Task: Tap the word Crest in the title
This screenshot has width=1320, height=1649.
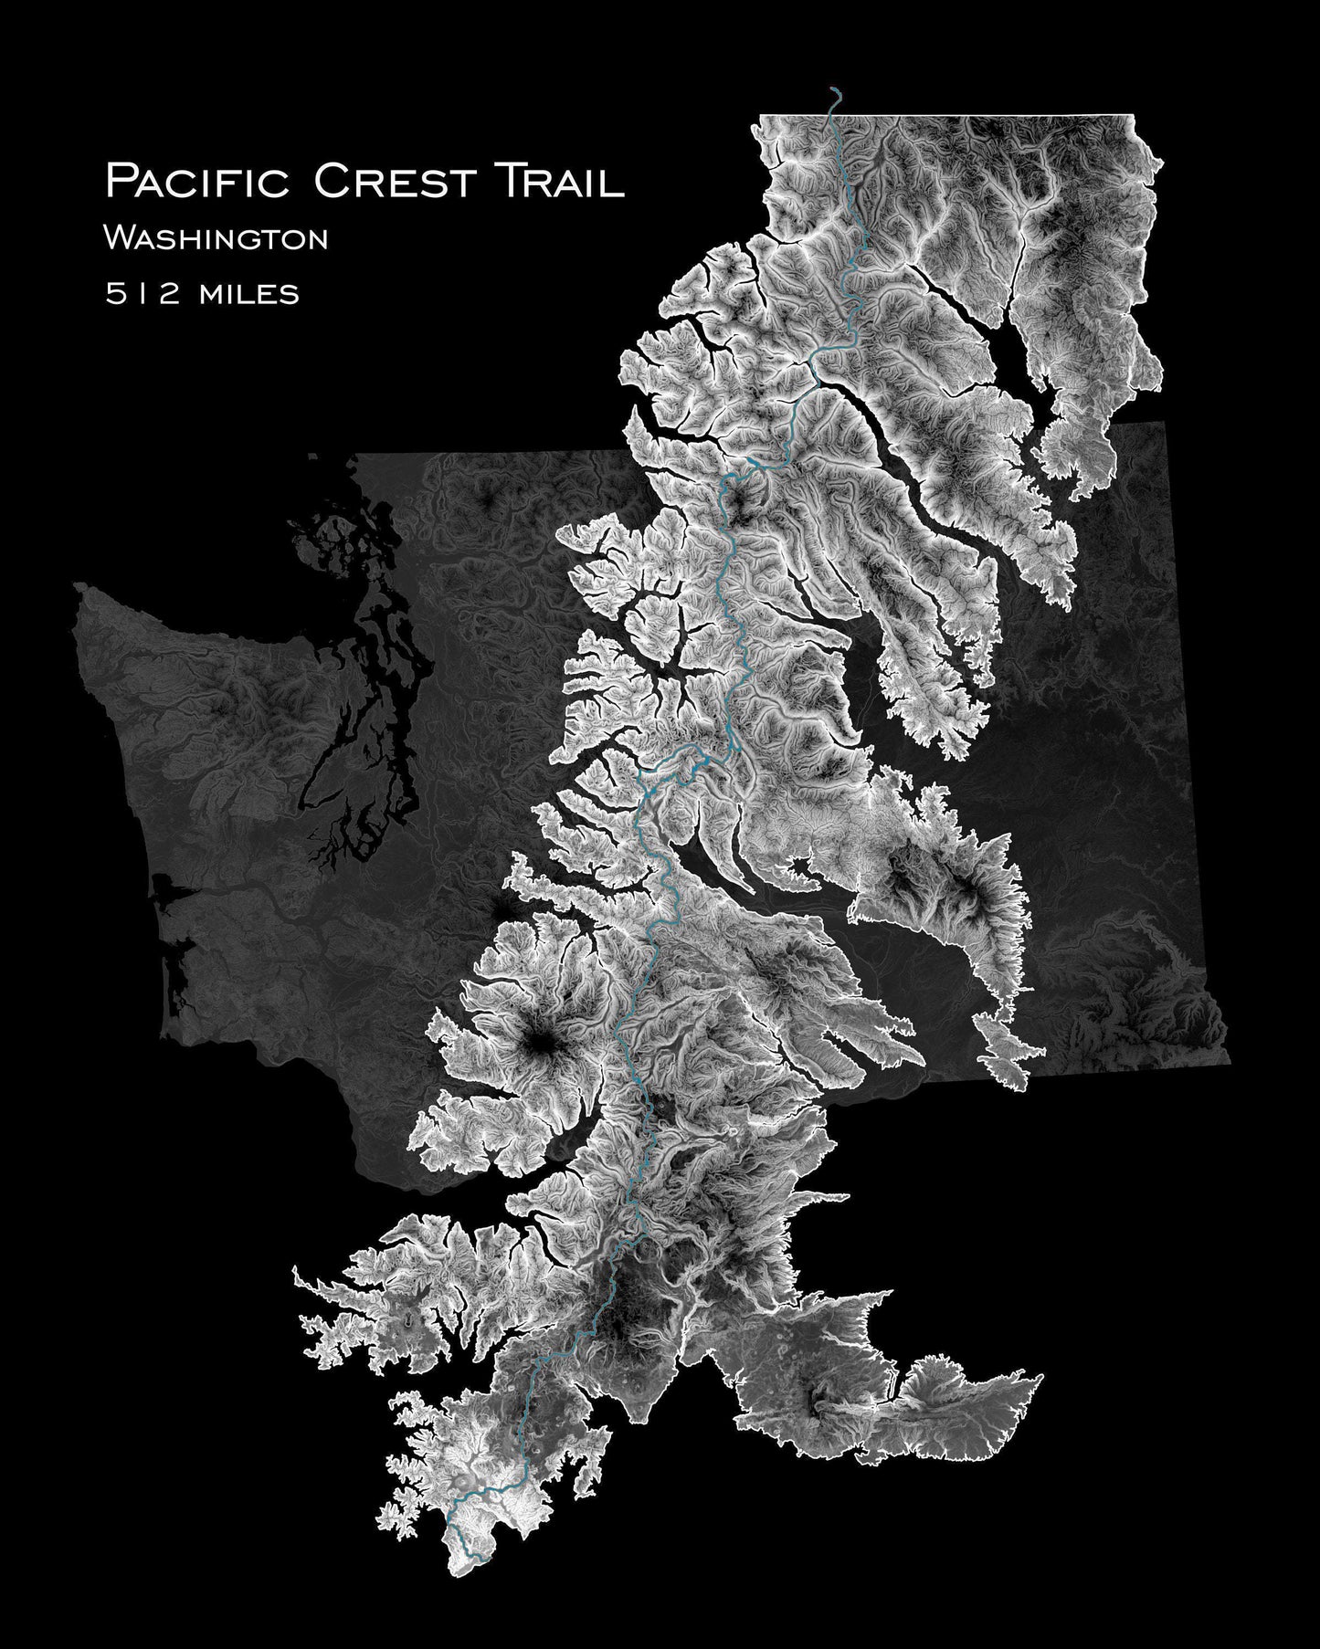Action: (x=394, y=181)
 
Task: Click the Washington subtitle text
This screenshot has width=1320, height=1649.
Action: (x=216, y=240)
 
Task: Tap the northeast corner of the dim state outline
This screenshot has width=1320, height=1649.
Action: (x=1166, y=423)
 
